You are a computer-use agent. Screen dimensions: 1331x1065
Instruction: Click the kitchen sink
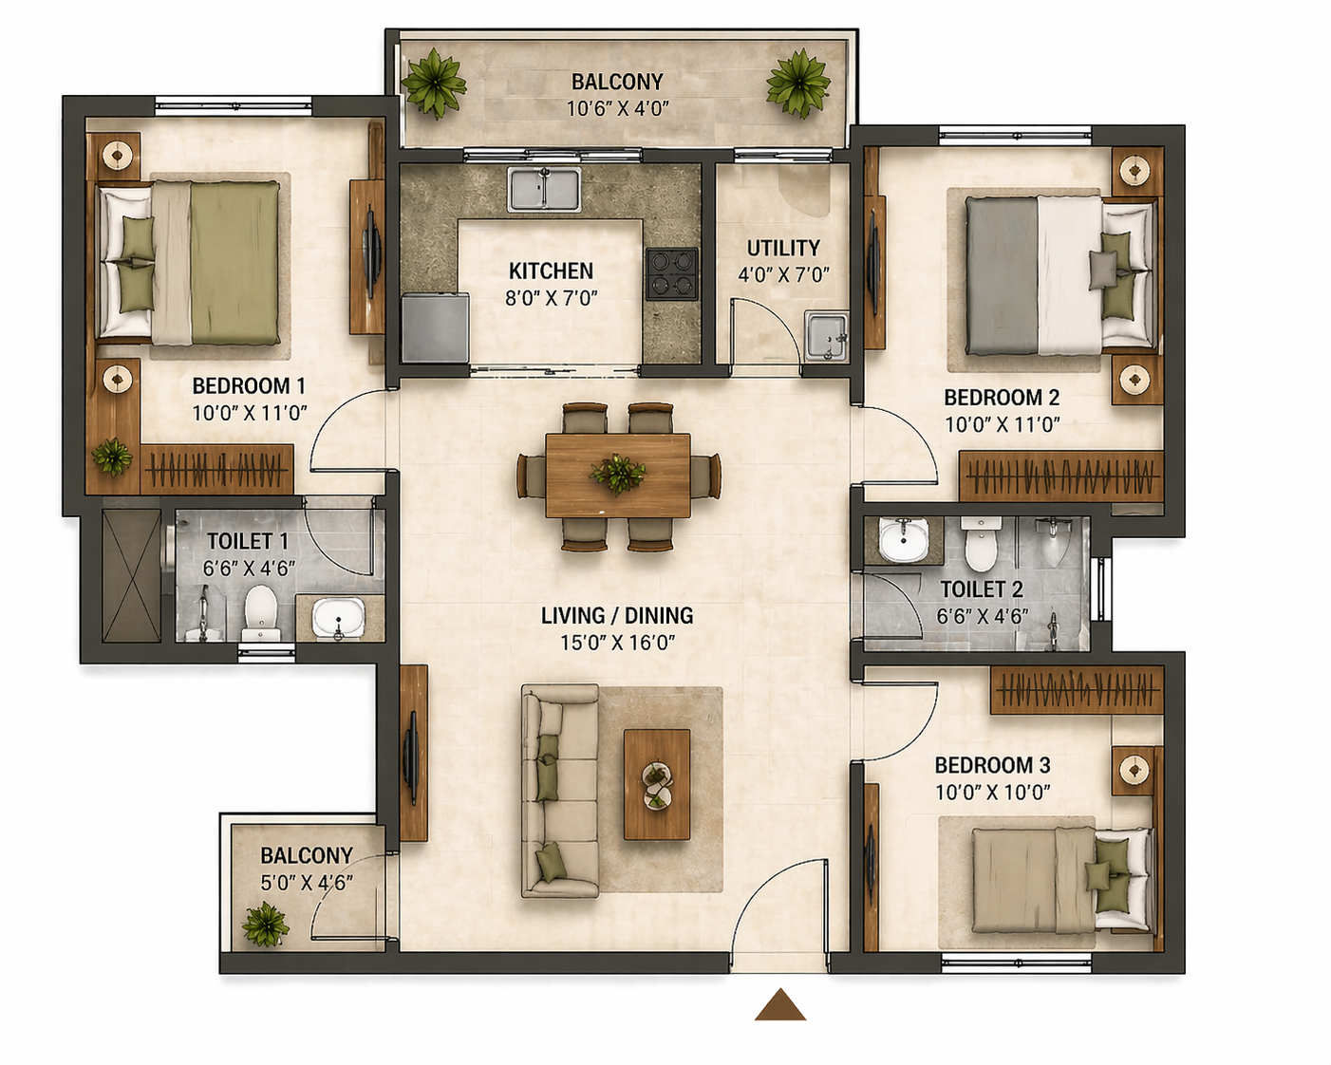[x=544, y=189]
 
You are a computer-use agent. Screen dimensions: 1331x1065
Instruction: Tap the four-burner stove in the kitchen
[x=672, y=272]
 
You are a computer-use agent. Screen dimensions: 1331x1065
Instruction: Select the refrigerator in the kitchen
[x=436, y=327]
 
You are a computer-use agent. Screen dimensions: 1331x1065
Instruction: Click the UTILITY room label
[x=783, y=248]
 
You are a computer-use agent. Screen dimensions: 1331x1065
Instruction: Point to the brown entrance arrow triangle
[x=780, y=1005]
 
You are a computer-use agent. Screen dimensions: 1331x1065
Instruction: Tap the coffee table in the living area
[x=657, y=784]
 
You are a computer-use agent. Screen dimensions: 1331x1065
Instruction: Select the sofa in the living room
[x=559, y=791]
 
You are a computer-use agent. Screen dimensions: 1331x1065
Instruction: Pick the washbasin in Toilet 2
[x=904, y=539]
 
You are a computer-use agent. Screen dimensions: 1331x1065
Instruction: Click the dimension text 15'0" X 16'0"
[x=617, y=644]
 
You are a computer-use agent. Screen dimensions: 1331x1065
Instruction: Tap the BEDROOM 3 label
[x=992, y=766]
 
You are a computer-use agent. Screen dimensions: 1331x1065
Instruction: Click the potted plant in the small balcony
[x=265, y=924]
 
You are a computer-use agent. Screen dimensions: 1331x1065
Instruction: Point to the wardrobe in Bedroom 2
[x=1060, y=476]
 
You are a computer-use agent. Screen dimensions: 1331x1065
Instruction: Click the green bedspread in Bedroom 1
[x=234, y=263]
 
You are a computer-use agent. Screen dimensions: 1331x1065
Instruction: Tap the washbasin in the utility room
[x=826, y=336]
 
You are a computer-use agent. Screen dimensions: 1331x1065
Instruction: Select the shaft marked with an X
[x=132, y=575]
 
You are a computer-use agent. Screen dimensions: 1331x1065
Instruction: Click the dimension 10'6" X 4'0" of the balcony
[x=618, y=109]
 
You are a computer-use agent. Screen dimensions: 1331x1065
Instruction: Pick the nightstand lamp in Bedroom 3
[x=1134, y=770]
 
